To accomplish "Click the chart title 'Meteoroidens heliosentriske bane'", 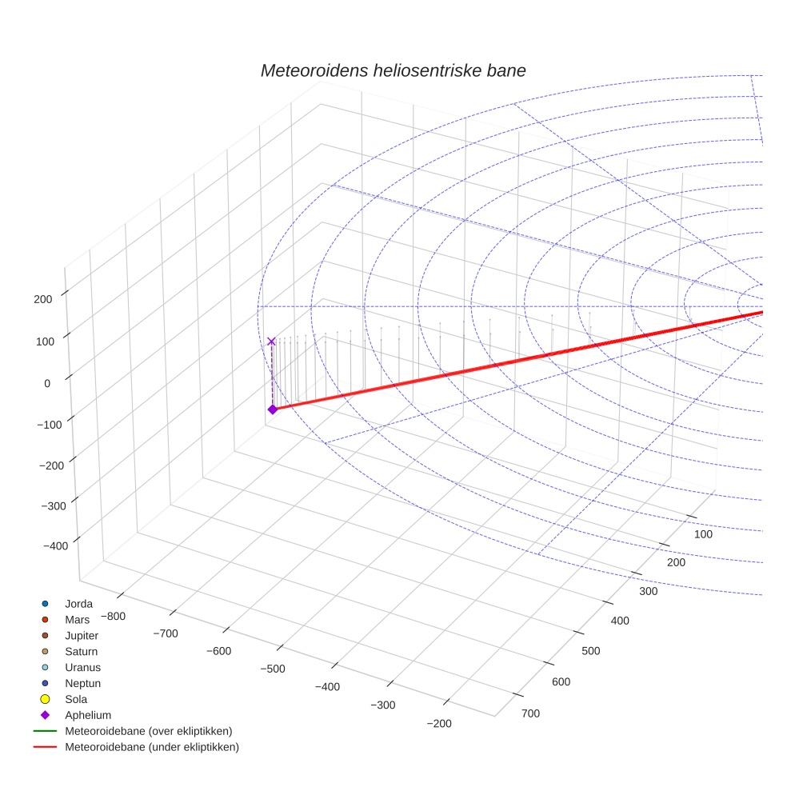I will click(393, 70).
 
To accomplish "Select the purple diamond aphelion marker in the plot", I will click(272, 409).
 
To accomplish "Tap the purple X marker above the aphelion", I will click(271, 342).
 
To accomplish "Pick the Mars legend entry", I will click(77, 619).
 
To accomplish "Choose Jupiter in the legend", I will click(82, 635).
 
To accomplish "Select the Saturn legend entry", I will click(81, 651).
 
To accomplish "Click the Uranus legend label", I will click(82, 667).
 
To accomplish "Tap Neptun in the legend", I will click(82, 683).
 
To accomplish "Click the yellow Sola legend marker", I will click(46, 699).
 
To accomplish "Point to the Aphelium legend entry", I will click(87, 715).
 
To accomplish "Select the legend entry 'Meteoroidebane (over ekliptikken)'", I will click(148, 731).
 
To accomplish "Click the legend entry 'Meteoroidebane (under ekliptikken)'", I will click(151, 747).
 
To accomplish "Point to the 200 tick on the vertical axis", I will click(43, 299).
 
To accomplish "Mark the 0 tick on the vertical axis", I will click(47, 383).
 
